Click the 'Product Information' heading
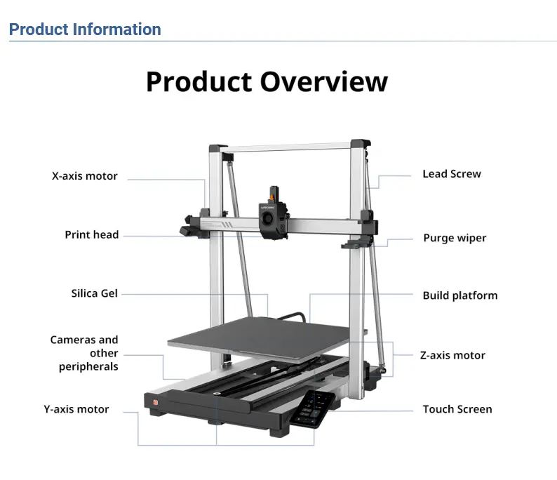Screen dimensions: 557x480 pyautogui.click(x=85, y=29)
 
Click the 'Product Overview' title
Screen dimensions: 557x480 pyautogui.click(x=267, y=82)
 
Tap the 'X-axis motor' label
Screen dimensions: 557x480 pyautogui.click(x=85, y=176)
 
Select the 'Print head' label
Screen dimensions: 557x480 pyautogui.click(x=92, y=234)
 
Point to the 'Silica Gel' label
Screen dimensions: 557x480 pyautogui.click(x=94, y=293)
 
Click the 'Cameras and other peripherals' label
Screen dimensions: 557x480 pyautogui.click(x=84, y=353)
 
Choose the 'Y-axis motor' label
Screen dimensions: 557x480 pyautogui.click(x=76, y=409)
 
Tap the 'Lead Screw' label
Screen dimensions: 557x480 pyautogui.click(x=452, y=174)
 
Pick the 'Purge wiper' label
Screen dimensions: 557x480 pyautogui.click(x=455, y=238)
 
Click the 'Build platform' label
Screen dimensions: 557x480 pyautogui.click(x=460, y=295)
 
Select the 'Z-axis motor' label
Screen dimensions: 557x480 pyautogui.click(x=452, y=355)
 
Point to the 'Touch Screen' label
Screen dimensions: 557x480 pyautogui.click(x=457, y=409)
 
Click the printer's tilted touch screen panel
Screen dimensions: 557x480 pyautogui.click(x=313, y=409)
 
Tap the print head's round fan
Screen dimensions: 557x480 pyautogui.click(x=267, y=217)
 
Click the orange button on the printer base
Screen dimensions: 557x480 pyautogui.click(x=155, y=402)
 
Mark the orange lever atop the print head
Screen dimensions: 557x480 pyautogui.click(x=272, y=196)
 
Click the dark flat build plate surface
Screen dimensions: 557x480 pyautogui.click(x=263, y=338)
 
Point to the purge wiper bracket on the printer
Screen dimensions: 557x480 pyautogui.click(x=356, y=243)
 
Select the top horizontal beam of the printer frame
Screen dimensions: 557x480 pyautogui.click(x=286, y=147)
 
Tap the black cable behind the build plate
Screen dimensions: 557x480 pyautogui.click(x=292, y=316)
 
